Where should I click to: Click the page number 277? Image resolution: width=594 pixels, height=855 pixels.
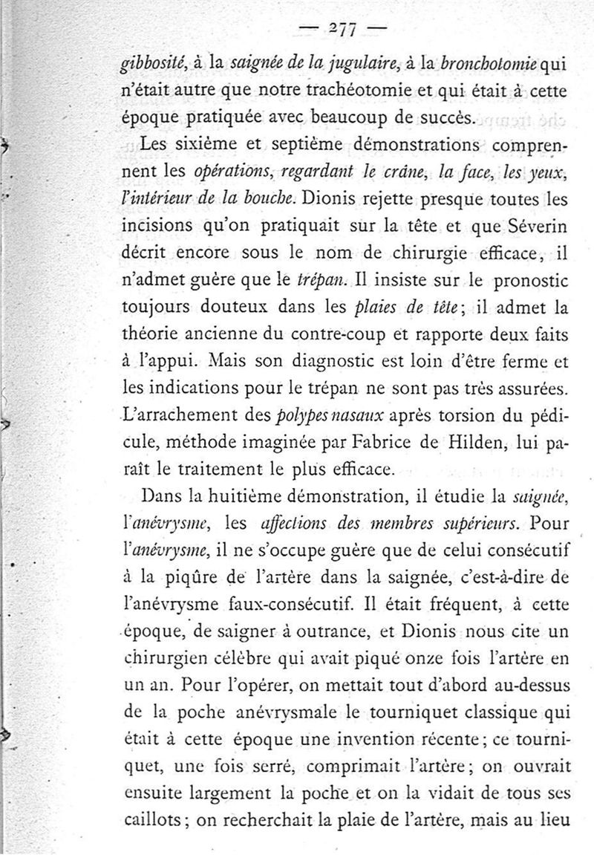point(342,29)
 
